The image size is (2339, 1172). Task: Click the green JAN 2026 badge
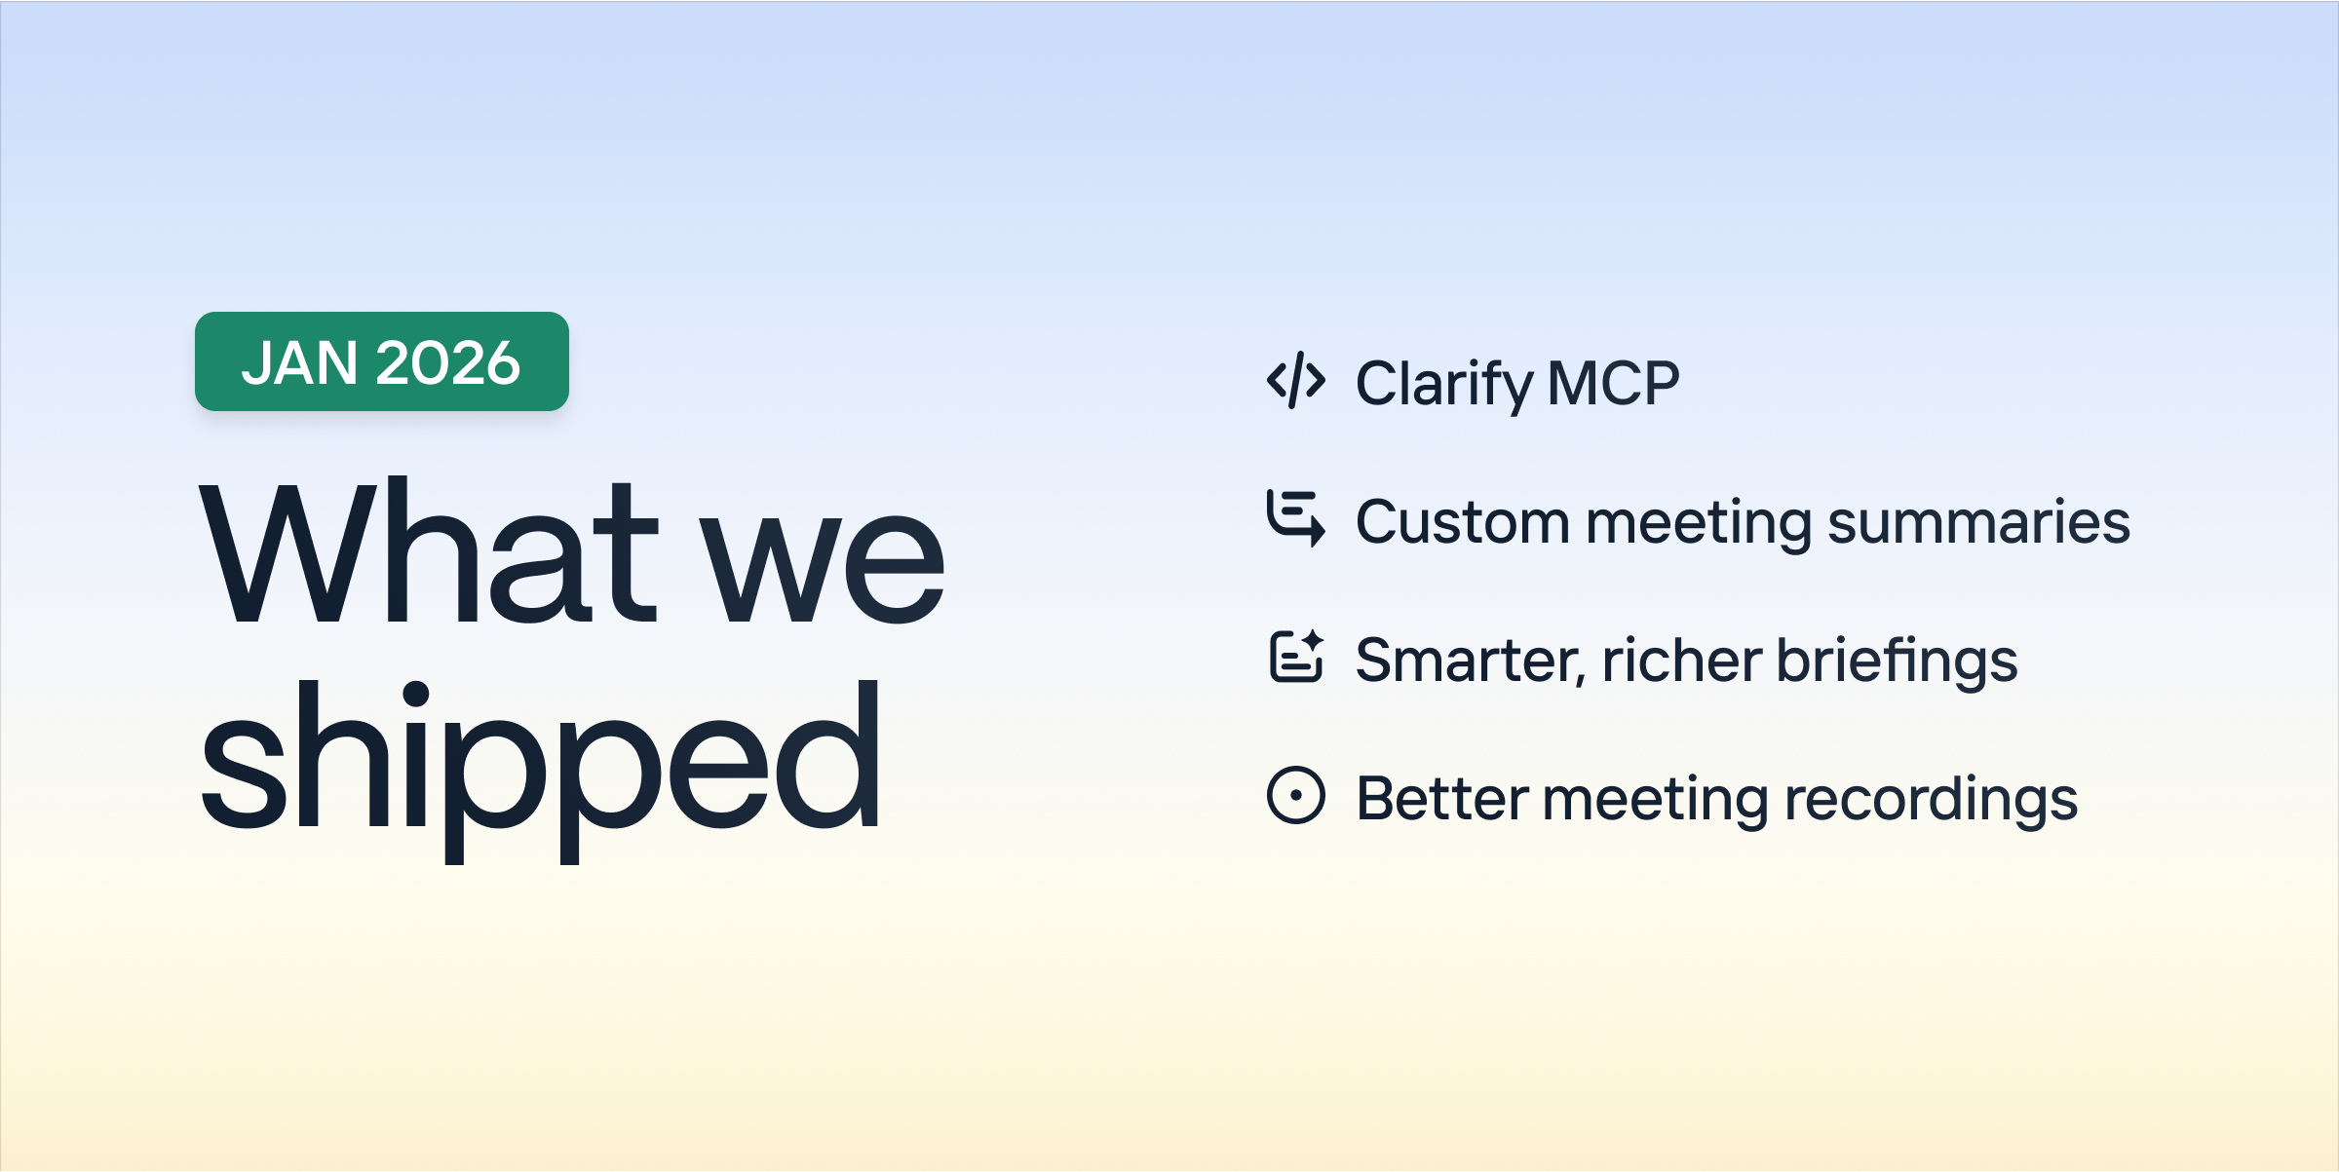382,361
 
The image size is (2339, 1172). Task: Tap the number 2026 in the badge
448,362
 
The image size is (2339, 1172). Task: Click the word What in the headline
429,550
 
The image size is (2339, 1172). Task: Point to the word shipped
541,770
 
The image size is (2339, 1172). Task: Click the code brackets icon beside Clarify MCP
1296,380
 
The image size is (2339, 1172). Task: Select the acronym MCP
1614,383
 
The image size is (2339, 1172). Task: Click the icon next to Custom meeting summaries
1296,518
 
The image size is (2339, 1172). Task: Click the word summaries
1978,521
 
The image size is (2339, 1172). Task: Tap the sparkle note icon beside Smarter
1296,656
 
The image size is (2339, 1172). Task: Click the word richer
1681,660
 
